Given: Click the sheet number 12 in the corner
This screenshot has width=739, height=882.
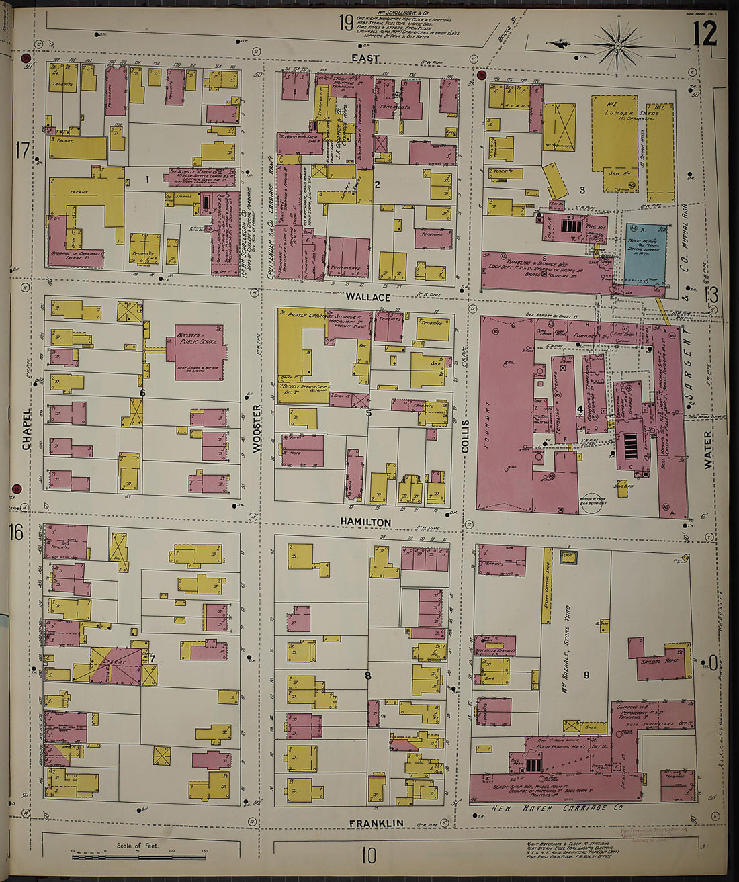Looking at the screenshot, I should tap(705, 33).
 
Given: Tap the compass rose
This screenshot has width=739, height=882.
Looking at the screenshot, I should tap(617, 45).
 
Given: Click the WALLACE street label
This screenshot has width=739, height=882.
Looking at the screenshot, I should tap(367, 296).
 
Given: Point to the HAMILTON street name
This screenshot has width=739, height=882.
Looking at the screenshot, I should tap(365, 522).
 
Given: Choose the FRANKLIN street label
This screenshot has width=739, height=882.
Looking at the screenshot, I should tap(376, 823).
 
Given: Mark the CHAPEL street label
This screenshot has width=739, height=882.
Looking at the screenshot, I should tap(27, 429).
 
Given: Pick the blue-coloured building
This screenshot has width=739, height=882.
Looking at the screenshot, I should tap(646, 255).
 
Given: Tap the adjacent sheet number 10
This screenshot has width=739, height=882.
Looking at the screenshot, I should tap(368, 855).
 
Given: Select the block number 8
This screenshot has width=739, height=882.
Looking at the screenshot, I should tap(367, 676).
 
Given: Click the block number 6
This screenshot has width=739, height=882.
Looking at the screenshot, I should tap(142, 392).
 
